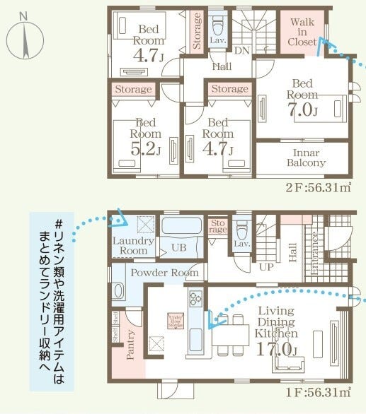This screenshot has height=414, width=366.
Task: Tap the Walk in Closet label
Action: [302, 32]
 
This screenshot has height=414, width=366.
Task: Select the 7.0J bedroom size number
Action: [303, 111]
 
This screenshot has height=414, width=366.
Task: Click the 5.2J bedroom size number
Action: [144, 149]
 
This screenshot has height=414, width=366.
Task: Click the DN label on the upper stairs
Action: [241, 50]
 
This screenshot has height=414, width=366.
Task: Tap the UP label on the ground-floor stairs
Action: [267, 268]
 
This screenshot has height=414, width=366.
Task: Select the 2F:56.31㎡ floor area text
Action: [319, 187]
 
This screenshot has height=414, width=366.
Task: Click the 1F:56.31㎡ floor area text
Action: [319, 391]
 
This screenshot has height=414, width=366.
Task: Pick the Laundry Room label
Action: [132, 245]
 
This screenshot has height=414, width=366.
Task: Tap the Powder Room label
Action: [163, 272]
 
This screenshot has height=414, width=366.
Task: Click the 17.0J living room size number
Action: [277, 348]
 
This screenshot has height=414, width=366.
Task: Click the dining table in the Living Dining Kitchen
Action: [230, 331]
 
